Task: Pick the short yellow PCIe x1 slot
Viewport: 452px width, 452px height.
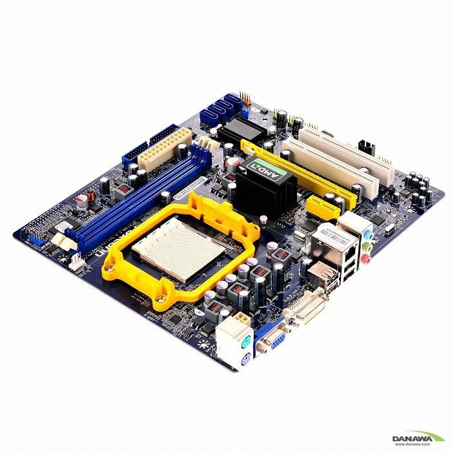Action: (x=323, y=207)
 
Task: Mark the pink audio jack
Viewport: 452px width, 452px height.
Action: (x=365, y=260)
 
